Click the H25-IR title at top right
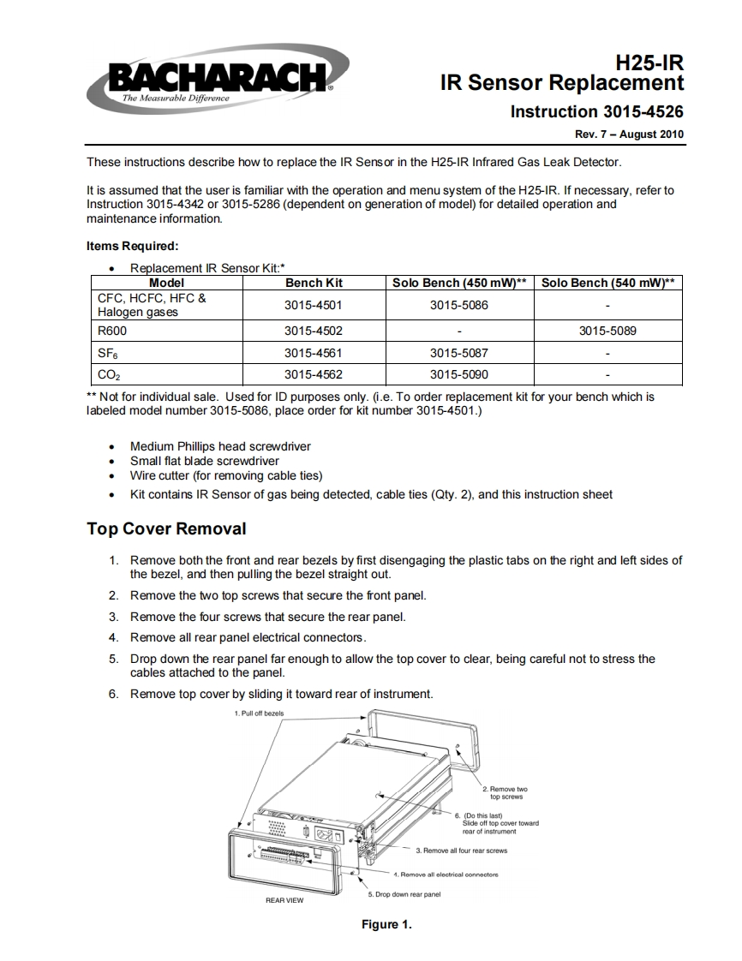[649, 62]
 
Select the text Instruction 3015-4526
[596, 111]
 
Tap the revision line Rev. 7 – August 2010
[629, 134]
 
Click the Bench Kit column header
[314, 283]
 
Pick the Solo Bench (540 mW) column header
[607, 283]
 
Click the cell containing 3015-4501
[314, 305]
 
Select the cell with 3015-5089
[607, 331]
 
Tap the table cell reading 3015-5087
[458, 352]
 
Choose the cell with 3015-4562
[314, 373]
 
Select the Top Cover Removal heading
[166, 528]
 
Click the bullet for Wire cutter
[112, 476]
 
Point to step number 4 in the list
[113, 637]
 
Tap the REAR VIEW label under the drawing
[284, 900]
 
